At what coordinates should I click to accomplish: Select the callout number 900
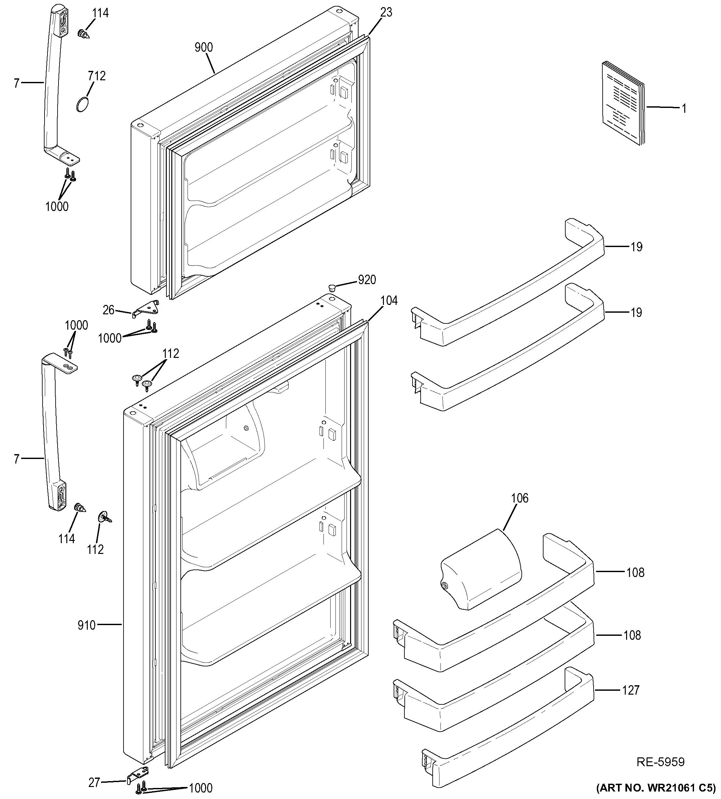(203, 47)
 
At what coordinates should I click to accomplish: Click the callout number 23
(386, 12)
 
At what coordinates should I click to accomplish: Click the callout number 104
(389, 301)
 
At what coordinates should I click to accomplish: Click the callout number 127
(631, 690)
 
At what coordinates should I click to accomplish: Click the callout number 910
(87, 625)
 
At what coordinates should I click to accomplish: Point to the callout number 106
(520, 498)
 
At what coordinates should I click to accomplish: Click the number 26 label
(109, 310)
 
